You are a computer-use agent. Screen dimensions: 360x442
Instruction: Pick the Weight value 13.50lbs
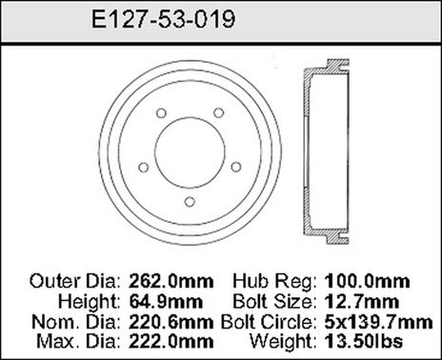(362, 339)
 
